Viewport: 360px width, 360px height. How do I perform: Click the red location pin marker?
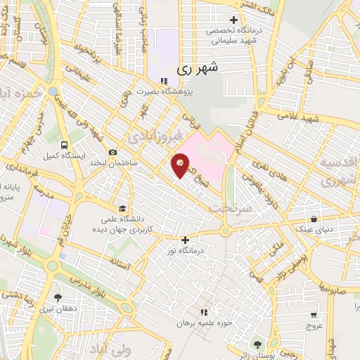[181, 166]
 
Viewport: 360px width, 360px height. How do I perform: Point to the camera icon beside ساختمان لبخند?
[112, 152]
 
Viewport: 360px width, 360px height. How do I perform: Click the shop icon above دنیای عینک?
[314, 219]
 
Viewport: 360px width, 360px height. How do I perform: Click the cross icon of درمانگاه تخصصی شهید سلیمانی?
[233, 19]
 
